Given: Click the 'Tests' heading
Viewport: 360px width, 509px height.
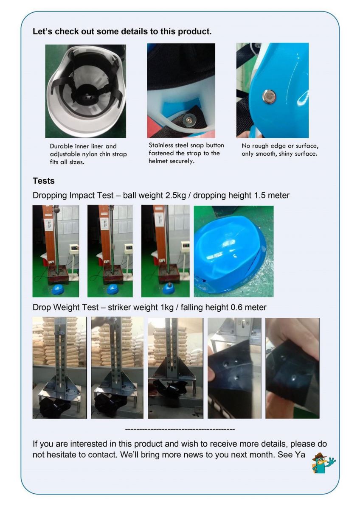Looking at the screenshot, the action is [44, 181].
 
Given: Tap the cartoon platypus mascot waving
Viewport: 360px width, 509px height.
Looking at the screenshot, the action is [323, 463].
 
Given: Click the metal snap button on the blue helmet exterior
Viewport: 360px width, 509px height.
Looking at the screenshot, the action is [269, 96].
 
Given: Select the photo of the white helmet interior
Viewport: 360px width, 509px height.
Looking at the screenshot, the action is [85, 91].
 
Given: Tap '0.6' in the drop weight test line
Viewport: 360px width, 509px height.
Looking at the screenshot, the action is [236, 308].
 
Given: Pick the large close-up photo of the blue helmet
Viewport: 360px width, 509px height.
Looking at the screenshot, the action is [233, 251].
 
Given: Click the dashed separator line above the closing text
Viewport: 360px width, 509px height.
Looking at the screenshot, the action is [180, 429].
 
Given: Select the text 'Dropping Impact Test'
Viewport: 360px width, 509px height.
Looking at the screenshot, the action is [73, 196].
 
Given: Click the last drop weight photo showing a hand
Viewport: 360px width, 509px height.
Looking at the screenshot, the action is [292, 368].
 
